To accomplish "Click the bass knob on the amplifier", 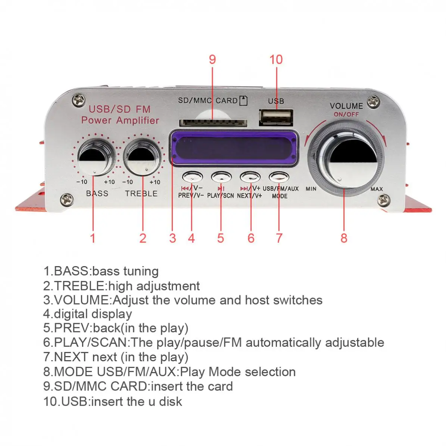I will [95, 157].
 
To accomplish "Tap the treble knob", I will [143, 157].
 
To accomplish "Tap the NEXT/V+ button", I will [250, 176].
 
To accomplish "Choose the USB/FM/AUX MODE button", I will [279, 176].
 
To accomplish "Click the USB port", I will [276, 117].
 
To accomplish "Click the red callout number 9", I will [212, 59].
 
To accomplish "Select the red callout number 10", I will [276, 59].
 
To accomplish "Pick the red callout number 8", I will [344, 238].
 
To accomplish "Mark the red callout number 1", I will [93, 238].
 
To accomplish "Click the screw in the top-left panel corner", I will [79, 99].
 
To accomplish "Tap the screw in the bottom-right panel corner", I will [383, 200].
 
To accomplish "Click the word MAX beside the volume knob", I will [377, 189].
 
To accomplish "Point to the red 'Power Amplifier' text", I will [120, 120].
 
